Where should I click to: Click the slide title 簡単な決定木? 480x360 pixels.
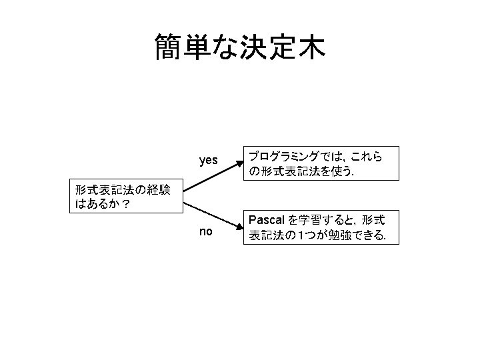pos(239,47)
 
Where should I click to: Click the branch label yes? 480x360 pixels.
pos(208,161)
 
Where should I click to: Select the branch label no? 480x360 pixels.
pos(206,232)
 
